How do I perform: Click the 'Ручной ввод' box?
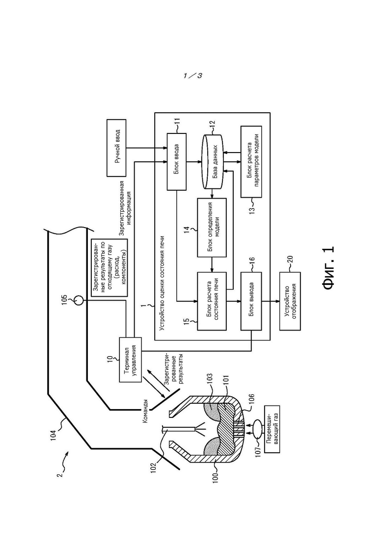coord(117,148)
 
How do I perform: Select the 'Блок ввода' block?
coord(176,162)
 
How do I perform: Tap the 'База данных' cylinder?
coord(212,161)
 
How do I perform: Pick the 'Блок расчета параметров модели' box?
coord(251,161)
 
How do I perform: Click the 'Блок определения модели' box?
coord(212,228)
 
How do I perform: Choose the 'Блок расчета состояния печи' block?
coord(212,301)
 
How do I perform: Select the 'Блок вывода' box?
coord(251,301)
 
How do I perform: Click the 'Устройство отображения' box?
coord(290,301)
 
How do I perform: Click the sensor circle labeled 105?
coord(79,300)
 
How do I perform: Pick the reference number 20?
coord(289,260)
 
